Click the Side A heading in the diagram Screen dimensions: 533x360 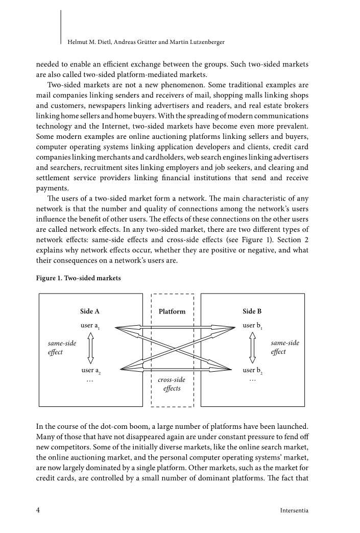(x=90, y=311)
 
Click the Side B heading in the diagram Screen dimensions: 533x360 (x=252, y=311)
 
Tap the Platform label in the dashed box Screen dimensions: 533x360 (x=172, y=311)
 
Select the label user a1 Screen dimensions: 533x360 (x=90, y=326)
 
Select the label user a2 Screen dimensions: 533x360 (x=90, y=371)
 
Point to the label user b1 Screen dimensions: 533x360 (x=252, y=326)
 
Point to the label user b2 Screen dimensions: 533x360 (x=252, y=371)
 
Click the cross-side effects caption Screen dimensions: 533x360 (x=172, y=384)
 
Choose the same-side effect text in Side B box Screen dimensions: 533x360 (x=285, y=348)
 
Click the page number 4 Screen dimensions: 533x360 (x=38, y=510)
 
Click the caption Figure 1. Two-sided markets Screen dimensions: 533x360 (x=79, y=278)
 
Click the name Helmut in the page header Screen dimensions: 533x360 (x=78, y=41)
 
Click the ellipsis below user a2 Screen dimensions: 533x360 (x=90, y=380)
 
